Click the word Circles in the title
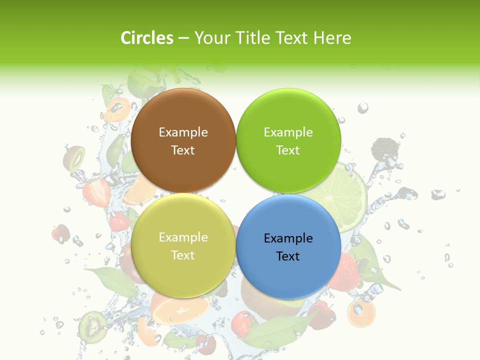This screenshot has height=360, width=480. pos(147,38)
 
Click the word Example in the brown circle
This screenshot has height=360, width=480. pos(183,132)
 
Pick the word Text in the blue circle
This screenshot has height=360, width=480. pos(287,256)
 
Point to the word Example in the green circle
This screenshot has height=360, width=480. pos(288,132)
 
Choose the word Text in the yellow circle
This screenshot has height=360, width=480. pos(183,255)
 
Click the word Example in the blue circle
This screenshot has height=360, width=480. pos(288,238)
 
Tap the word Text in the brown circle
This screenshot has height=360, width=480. pos(183,150)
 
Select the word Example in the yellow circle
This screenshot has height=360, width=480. pos(183,237)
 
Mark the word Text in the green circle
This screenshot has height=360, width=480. pos(288,150)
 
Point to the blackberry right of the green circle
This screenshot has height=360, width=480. pos(385,148)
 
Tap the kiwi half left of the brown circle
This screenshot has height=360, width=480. pos(73,157)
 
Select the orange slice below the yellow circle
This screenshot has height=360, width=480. pos(180,307)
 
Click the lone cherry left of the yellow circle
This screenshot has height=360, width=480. pos(60,233)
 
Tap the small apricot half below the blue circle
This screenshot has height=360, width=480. pos(361,313)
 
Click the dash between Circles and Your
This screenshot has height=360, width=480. pos(183,38)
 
